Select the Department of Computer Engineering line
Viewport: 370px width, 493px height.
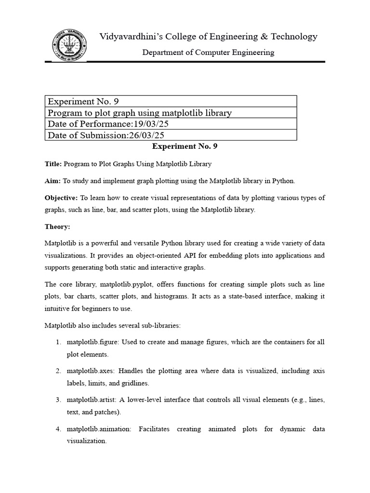[208, 52]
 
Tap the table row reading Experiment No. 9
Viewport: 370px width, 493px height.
[171, 102]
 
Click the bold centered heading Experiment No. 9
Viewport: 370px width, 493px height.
[185, 146]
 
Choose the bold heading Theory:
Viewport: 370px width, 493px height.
[57, 226]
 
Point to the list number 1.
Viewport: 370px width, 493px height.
[57, 342]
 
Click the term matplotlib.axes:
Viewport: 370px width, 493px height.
[91, 371]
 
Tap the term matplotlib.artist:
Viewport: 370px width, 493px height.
[92, 400]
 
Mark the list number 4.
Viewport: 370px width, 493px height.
[57, 429]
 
